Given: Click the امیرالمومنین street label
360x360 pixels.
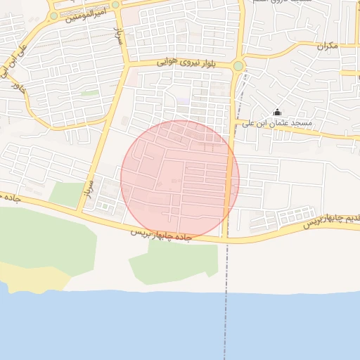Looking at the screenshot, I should pos(86,13).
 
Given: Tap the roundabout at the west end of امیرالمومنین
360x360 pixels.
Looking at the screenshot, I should pos(53,15).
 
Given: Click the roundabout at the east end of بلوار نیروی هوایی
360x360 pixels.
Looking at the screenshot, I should pos(238,66).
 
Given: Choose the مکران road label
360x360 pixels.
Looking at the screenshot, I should pos(327,46).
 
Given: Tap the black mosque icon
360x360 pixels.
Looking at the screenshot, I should pos(277,112).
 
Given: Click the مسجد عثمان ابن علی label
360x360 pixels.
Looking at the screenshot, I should pos(277,123).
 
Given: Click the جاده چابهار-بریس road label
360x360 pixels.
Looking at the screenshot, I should pos(161,234).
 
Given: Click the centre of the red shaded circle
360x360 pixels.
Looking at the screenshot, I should pos(180,179).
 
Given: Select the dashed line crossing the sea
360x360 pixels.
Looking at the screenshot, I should pos(226,316).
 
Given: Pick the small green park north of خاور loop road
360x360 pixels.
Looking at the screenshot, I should pos(89,93).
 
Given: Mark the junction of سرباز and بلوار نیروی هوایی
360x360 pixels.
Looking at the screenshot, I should pos(127,65).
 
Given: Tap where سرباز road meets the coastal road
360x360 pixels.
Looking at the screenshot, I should pos(80,211).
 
